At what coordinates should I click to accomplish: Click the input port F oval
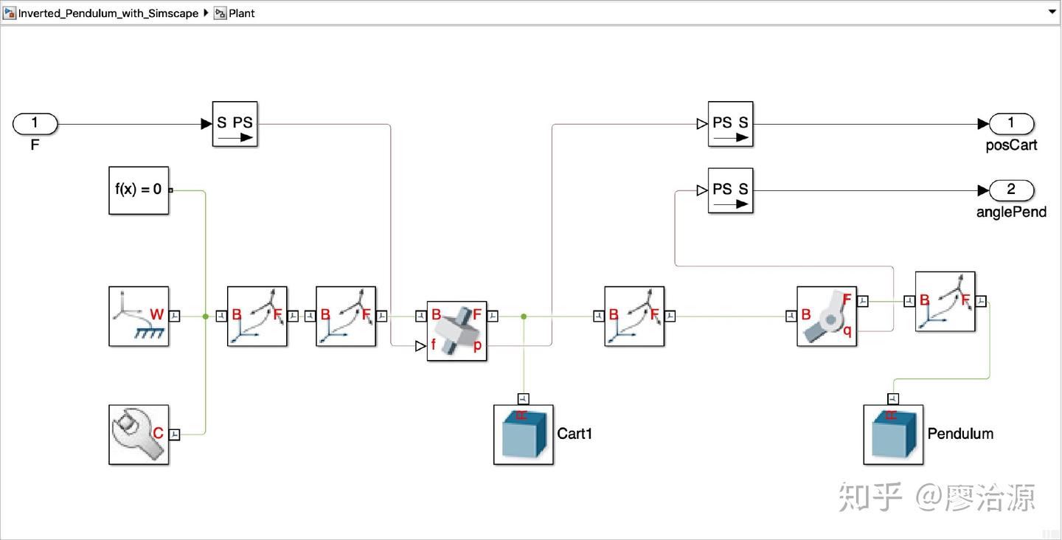35,124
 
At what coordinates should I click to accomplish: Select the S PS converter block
235,124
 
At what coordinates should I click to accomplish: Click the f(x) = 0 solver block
139,190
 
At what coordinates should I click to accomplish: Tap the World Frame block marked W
139,316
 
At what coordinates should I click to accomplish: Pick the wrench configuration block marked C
139,435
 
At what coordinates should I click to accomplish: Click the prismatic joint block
457,331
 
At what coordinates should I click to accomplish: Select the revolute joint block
826,316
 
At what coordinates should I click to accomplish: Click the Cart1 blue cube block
523,435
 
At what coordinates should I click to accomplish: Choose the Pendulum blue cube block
892,435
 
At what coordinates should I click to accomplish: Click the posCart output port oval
1011,124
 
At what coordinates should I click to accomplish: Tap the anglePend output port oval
1011,190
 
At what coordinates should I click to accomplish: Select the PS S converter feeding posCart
730,124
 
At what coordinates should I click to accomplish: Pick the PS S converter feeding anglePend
730,190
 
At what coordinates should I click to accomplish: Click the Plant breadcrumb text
241,13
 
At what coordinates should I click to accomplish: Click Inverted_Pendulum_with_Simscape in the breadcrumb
108,13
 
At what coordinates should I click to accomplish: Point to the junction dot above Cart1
524,316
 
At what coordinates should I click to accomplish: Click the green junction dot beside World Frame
205,316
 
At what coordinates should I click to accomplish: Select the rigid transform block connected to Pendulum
945,302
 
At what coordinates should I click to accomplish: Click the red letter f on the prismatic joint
434,345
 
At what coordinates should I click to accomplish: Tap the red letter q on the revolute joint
847,331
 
